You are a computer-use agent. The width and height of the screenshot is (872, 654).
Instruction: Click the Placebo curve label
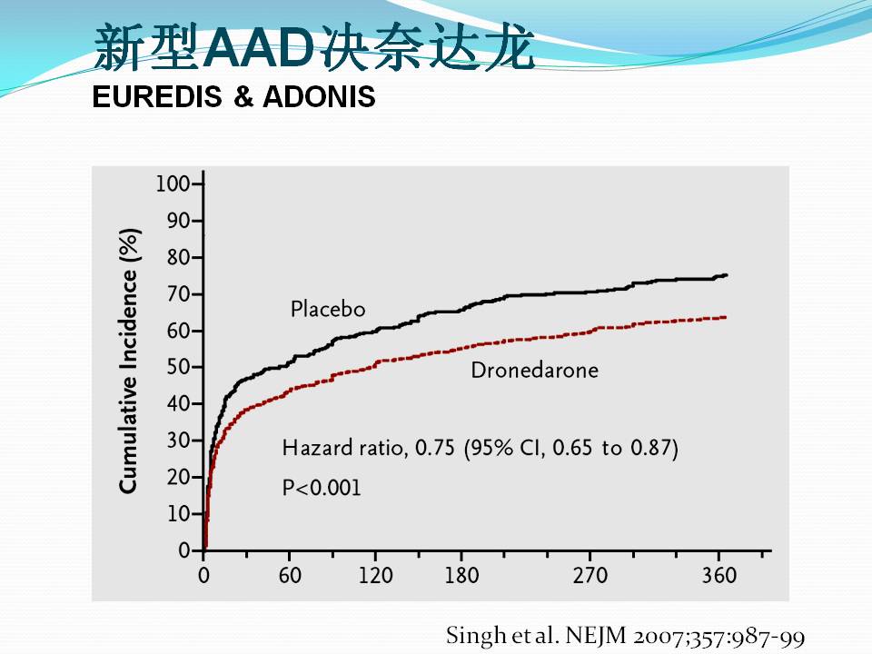[328, 310]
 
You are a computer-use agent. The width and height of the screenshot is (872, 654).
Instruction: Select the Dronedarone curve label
[534, 370]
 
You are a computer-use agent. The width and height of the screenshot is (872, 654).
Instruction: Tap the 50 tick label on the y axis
[178, 368]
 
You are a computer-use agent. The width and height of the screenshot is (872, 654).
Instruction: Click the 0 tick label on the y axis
[184, 550]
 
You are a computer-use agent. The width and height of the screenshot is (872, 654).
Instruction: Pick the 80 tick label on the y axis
[178, 258]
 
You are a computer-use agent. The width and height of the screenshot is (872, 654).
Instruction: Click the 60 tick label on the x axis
[289, 576]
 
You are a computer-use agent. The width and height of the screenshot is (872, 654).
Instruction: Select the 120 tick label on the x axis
[375, 576]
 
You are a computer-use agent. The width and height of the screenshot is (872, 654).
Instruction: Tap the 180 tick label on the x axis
[461, 576]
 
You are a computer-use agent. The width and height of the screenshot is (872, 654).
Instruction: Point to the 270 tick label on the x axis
[590, 576]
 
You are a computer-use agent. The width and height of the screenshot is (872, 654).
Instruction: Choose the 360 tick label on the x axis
[718, 576]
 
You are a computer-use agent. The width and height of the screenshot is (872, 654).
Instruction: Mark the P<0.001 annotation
[321, 488]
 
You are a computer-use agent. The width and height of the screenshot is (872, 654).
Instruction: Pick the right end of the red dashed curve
[725, 317]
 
